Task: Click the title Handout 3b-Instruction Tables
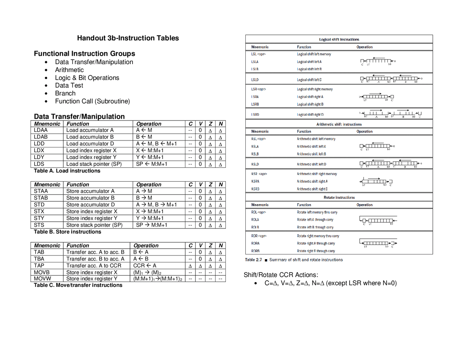128,38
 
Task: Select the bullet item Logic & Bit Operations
87,78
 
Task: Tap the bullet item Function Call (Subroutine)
92,101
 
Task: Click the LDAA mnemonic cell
41,130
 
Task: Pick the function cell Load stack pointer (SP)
94,164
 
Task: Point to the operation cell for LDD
156,144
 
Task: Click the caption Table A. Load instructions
67,171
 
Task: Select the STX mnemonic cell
39,211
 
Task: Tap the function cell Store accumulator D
90,205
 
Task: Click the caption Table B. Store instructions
67,232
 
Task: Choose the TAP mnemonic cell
39,266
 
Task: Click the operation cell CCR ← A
145,266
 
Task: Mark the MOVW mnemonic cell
42,279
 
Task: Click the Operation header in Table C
146,246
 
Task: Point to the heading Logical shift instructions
339,40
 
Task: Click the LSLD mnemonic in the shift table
255,80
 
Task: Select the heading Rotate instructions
339,198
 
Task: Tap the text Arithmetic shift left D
311,165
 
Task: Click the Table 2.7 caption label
253,260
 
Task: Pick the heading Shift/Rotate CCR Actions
281,275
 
